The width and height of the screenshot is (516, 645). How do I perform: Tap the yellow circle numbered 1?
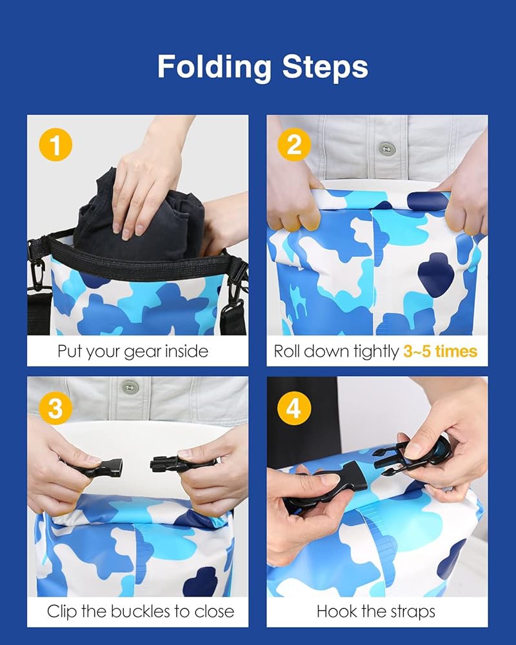coord(55,144)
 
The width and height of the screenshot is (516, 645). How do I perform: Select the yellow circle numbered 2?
coord(294,144)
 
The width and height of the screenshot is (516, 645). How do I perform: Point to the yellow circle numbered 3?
coord(55,408)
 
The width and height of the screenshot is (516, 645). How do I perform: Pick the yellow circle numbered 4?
coord(294,408)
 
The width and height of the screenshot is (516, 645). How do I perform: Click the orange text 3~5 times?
coord(441,352)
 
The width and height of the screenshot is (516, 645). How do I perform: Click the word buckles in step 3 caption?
coord(141,611)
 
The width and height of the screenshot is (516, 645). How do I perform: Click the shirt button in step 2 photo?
coord(386,148)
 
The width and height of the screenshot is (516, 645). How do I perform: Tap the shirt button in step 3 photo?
coord(130,387)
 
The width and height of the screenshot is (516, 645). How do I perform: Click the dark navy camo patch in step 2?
coord(436,275)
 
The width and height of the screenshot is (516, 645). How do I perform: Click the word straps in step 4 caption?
coord(413,612)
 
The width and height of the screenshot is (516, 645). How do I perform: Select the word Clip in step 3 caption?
coord(62,611)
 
